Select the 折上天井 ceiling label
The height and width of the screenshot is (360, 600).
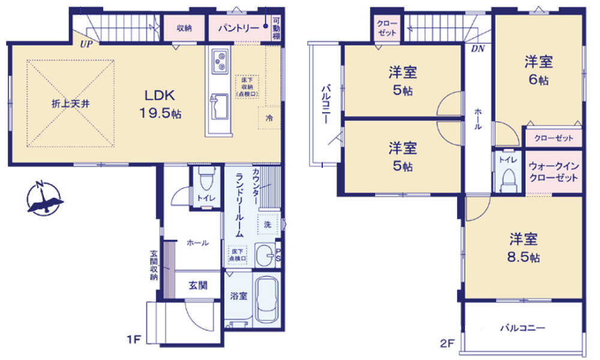click(70, 103)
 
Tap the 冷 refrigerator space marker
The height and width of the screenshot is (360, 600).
click(269, 118)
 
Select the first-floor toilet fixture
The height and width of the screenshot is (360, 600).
click(205, 181)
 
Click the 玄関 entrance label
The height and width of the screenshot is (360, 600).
click(198, 285)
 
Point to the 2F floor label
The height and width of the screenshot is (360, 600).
click(446, 343)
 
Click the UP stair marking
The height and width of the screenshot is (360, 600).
click(86, 44)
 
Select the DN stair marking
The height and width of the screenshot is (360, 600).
click(478, 49)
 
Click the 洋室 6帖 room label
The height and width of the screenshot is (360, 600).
click(538, 70)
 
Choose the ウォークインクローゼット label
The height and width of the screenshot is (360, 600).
click(553, 173)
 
